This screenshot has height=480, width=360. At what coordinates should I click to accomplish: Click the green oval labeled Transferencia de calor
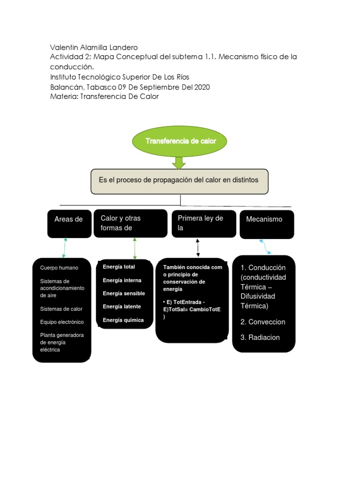[x=180, y=141]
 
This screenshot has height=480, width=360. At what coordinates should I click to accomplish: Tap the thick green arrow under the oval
[x=179, y=163]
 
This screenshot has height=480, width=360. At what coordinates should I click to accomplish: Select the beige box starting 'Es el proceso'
[x=180, y=181]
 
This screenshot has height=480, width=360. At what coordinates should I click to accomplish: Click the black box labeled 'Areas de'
[x=69, y=224]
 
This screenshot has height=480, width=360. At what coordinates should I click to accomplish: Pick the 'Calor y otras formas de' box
[x=130, y=224]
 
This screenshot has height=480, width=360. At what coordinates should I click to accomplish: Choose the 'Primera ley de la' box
[x=204, y=224]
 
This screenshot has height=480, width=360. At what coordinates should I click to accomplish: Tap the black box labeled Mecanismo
[x=267, y=225]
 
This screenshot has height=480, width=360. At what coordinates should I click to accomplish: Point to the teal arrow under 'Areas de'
[x=65, y=247]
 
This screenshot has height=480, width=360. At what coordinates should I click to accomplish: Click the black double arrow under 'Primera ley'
[x=198, y=247]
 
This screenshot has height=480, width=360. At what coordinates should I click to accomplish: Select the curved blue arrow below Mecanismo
[x=265, y=247]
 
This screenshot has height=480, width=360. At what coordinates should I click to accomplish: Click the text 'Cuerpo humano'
[x=59, y=268]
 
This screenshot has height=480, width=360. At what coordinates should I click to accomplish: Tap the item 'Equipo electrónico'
[x=62, y=322]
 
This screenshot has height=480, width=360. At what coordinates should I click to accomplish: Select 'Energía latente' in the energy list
[x=122, y=307]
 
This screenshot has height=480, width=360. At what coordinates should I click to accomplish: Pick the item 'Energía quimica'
[x=123, y=320]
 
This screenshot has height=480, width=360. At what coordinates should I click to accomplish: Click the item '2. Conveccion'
[x=262, y=322]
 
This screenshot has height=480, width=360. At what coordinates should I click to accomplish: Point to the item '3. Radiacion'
[x=260, y=337]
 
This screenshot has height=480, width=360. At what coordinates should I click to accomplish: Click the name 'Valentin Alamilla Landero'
[x=94, y=47]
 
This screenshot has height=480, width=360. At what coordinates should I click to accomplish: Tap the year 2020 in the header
[x=202, y=87]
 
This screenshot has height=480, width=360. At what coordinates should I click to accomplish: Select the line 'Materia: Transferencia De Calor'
[x=105, y=97]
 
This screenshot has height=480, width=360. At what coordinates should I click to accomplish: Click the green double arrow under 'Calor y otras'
[x=135, y=248]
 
